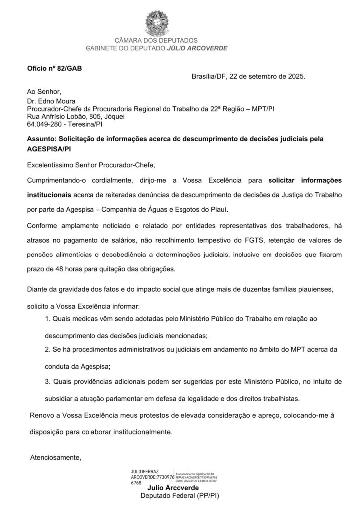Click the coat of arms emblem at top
point(156,21)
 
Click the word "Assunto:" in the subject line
point(42,139)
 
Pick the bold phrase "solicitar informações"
point(305,180)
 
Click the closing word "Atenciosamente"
point(55,457)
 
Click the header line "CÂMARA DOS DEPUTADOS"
point(156,40)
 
